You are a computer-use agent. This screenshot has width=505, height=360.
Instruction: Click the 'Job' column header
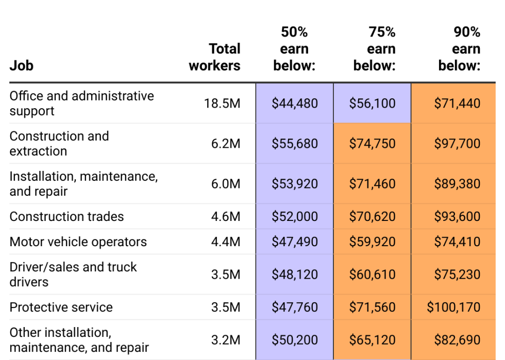21,66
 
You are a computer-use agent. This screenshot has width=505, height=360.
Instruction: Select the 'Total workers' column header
214,57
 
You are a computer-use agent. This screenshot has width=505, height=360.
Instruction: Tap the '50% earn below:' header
294,49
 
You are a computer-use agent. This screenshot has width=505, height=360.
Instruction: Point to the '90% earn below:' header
459,49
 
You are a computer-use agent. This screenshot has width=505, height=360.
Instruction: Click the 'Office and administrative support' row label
81,104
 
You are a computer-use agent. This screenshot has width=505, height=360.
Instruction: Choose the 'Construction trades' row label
66,217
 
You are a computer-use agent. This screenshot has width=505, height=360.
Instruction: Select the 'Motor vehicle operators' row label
78,242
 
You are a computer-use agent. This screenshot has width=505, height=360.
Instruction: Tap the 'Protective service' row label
61,307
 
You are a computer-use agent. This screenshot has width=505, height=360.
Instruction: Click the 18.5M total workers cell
222,104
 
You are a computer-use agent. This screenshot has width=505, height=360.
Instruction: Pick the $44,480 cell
295,104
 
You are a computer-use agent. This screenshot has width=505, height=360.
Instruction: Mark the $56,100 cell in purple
372,104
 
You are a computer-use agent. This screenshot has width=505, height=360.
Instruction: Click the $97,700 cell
457,144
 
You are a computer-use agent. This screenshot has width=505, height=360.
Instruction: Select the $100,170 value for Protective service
453,307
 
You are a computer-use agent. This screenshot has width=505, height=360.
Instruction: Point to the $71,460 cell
372,184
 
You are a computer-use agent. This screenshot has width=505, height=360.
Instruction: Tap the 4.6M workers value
226,217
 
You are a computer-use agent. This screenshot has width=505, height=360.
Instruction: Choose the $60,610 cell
372,275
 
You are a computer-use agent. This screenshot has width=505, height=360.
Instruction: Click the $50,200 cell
295,340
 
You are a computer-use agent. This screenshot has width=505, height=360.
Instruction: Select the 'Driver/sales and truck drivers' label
73,275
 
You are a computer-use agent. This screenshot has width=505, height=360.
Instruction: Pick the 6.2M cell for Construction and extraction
226,144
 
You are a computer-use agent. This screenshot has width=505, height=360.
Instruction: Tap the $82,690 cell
457,340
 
